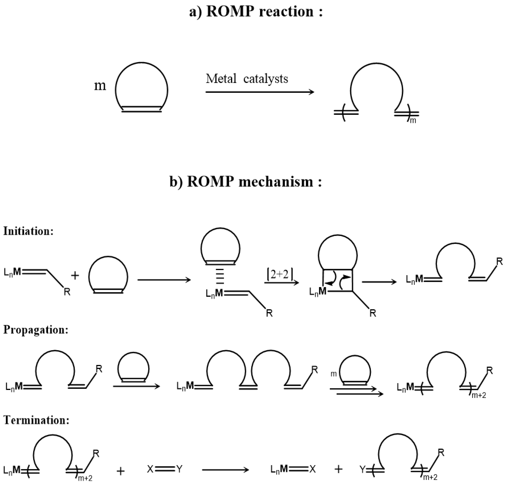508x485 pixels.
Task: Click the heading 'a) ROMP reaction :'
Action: point(256,12)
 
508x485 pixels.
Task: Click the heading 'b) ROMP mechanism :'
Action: point(246,182)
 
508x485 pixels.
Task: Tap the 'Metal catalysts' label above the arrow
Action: point(247,79)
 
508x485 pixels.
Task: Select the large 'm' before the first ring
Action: point(100,86)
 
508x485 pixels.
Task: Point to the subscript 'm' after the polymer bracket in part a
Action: point(413,121)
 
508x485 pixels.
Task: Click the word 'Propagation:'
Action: point(36,330)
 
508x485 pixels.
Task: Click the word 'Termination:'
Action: point(36,420)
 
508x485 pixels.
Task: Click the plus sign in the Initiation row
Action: point(75,276)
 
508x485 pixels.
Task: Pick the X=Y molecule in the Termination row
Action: point(165,469)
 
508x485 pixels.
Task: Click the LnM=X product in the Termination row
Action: point(293,469)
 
